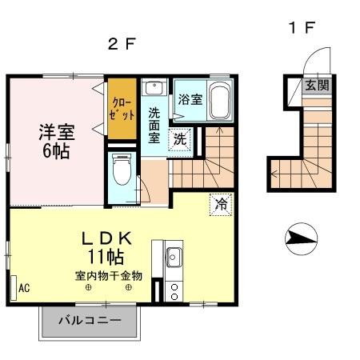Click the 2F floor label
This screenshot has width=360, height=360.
(x=118, y=45)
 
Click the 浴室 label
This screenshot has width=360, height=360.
(x=190, y=100)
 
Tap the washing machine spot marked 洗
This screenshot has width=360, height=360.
(x=182, y=138)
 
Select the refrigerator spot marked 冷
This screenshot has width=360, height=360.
(x=220, y=203)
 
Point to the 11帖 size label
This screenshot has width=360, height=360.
(x=106, y=258)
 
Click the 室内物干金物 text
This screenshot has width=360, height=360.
(x=109, y=276)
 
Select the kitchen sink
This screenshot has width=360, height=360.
(x=173, y=258)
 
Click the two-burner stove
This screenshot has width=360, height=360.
(x=174, y=290)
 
